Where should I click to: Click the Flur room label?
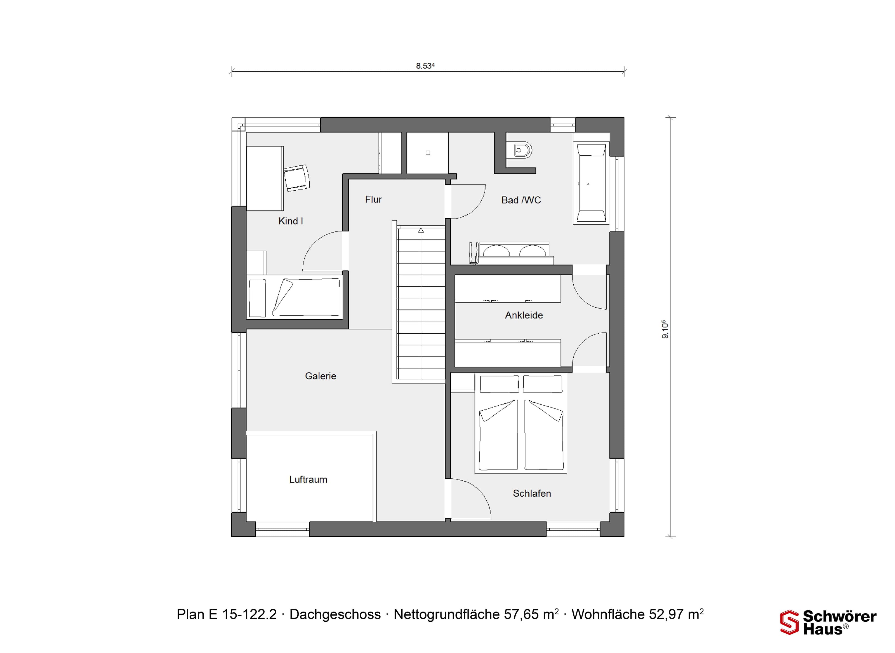coord(373,199)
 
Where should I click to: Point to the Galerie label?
coord(320,376)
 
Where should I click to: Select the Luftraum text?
coord(308,479)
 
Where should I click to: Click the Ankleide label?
coord(524,315)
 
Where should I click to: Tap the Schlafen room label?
coord(532,493)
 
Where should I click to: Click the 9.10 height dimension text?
coord(665,329)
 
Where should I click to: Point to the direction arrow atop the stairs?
coord(421,230)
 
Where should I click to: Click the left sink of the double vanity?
coord(496,251)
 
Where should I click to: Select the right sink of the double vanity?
coord(533,251)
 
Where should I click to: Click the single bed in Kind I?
coord(294,297)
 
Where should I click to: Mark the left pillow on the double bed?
coord(499,384)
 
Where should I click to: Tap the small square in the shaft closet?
coord(428,153)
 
